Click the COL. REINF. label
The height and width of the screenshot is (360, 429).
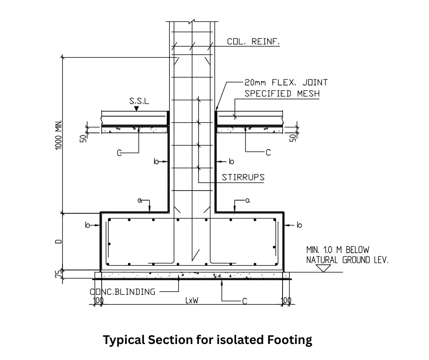253,42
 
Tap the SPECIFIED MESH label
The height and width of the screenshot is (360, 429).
282,94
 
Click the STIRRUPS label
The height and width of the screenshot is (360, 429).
243,177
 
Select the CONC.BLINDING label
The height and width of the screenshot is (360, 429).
122,291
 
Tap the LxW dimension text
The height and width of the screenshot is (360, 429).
192,301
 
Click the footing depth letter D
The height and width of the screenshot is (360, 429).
58,241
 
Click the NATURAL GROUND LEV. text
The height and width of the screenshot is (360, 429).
347,260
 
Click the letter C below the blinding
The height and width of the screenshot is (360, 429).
245,301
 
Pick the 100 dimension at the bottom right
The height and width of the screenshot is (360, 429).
286,301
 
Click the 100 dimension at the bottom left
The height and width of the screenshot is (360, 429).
97,301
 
